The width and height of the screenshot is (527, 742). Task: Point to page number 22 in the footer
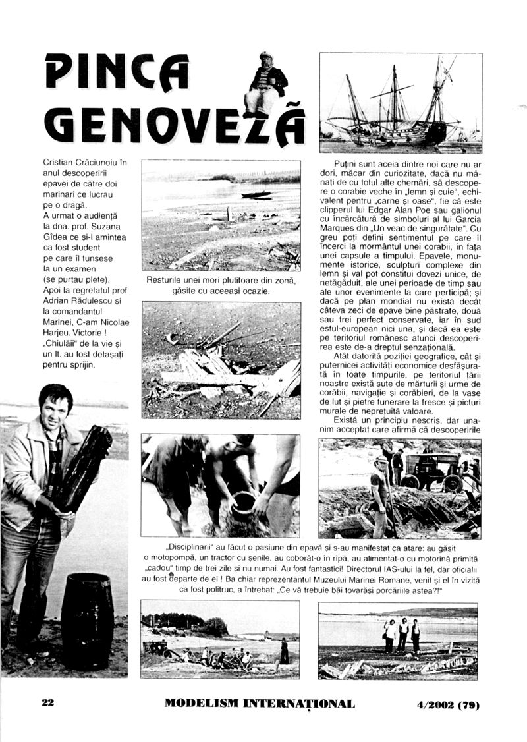47,703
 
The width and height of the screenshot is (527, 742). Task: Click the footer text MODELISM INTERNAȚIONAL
259,704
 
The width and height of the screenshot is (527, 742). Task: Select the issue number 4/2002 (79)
447,704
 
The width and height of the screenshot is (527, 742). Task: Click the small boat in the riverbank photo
256,195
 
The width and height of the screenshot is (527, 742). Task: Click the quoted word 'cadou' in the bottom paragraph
159,569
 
